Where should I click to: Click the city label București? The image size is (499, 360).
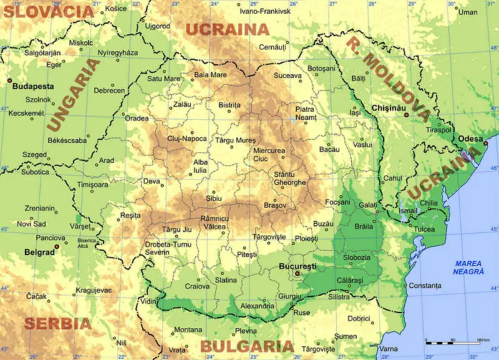coord(298,266)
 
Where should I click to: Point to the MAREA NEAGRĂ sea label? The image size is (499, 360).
coord(469,267)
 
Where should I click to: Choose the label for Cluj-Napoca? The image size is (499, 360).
coord(187,139)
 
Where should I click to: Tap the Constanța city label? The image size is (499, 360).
coord(425,286)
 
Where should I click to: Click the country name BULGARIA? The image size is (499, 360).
coord(247,347)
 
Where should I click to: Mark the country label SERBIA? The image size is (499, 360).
coord(57,323)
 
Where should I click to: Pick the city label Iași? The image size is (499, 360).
coord(356,112)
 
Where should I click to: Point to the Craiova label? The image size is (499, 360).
coord(198,286)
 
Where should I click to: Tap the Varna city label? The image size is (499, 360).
coord(389,348)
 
